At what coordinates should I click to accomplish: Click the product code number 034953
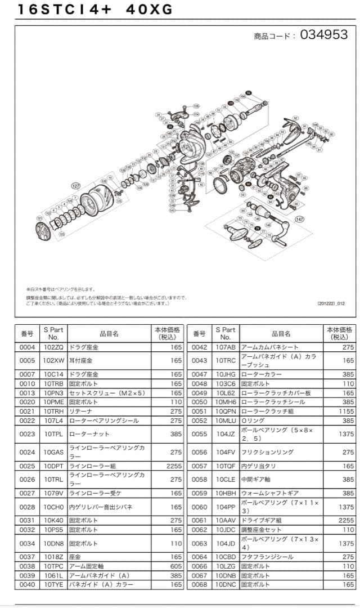pos(324,35)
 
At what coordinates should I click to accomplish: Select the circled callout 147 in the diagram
pos(299,219)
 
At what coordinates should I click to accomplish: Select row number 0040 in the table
pos(27,584)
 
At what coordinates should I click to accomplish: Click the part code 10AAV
pos(225,520)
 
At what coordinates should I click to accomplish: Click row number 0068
pos(199,584)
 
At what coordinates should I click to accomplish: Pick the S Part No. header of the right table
pos(225,333)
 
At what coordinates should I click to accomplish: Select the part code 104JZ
pos(225,434)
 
